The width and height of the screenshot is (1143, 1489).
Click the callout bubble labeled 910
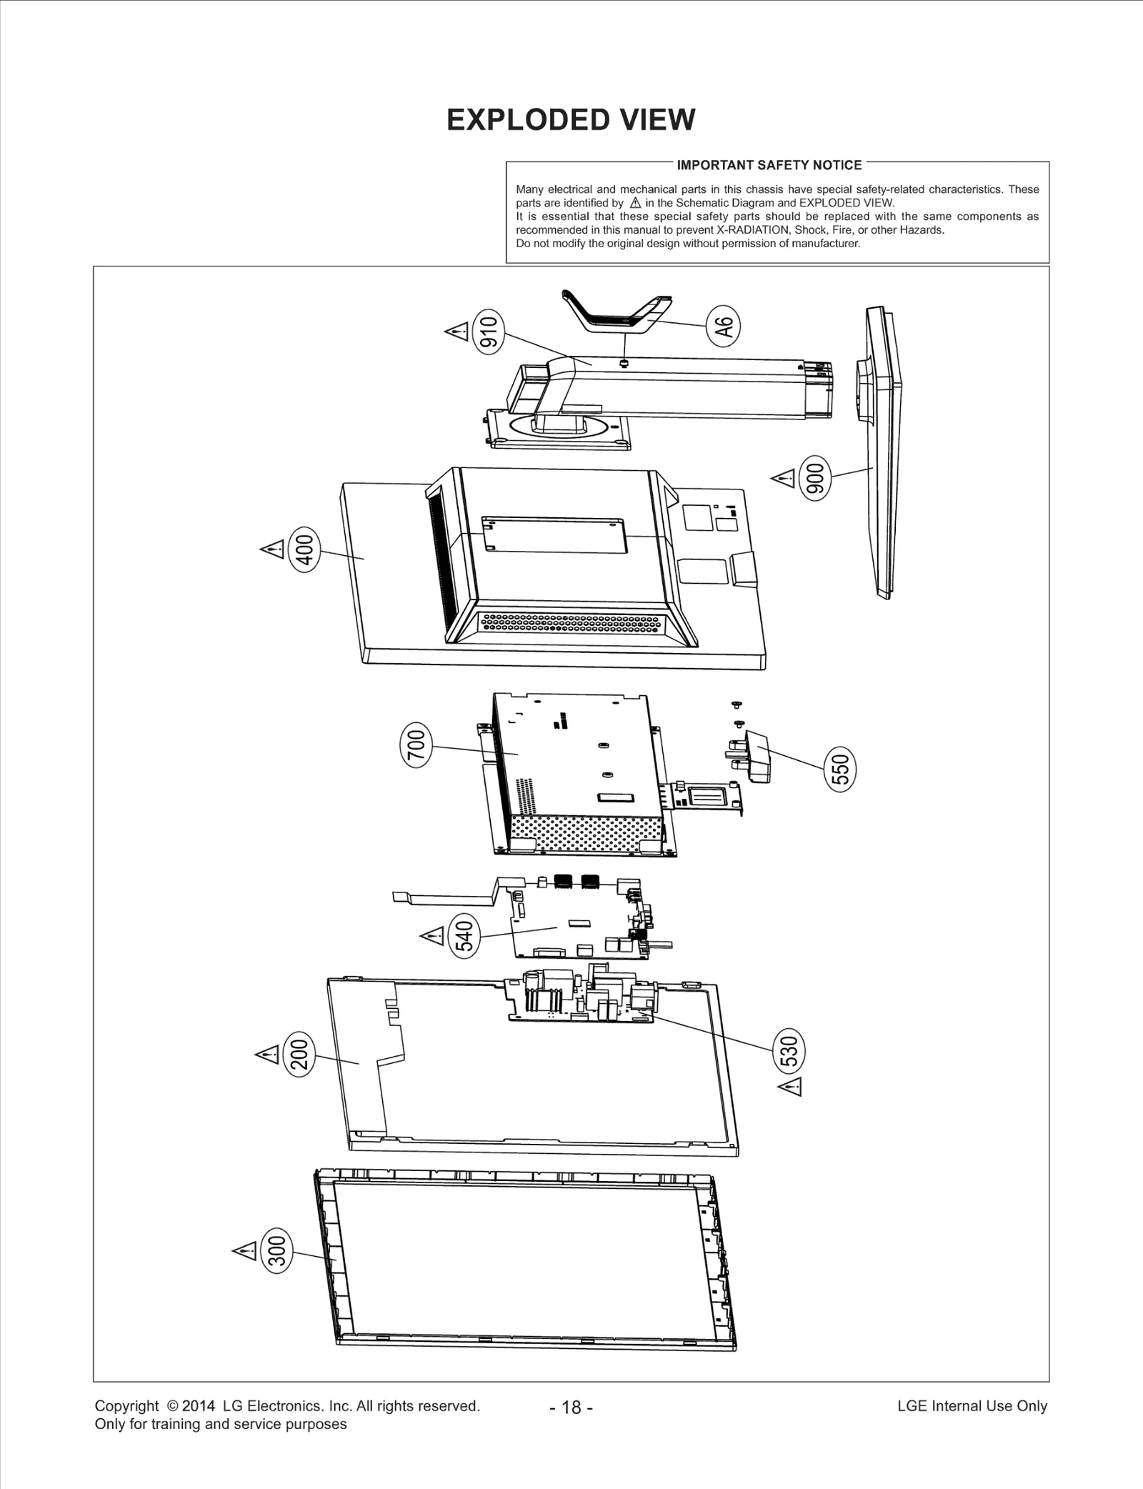tap(489, 332)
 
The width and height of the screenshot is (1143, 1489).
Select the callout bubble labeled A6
tap(723, 327)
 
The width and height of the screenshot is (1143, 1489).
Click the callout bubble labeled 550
tap(841, 770)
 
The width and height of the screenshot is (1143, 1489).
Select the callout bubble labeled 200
tap(300, 1054)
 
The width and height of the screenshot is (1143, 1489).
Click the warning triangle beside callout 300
tap(245, 1251)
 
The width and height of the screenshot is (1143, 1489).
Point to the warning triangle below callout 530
tap(790, 1087)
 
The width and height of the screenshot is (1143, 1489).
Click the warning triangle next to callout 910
tap(456, 332)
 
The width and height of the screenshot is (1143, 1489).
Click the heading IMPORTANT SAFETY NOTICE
tap(769, 165)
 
